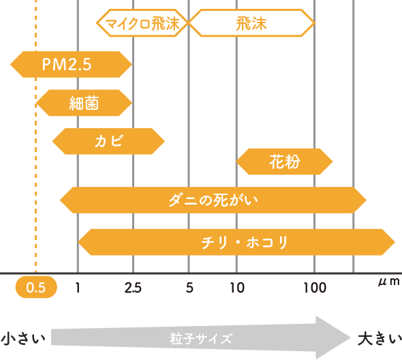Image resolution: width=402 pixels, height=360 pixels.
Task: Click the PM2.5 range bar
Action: tap(71, 64)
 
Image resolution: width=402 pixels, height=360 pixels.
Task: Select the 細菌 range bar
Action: tap(84, 103)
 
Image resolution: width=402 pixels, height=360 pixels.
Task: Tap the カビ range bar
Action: tap(108, 141)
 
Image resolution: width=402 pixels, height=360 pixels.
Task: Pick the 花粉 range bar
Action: tap(284, 162)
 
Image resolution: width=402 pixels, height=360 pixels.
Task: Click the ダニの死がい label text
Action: tap(213, 200)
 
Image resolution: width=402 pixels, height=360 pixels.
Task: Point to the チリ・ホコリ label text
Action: tap(245, 242)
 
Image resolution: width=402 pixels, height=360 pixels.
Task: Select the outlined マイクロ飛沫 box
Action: tap(142, 23)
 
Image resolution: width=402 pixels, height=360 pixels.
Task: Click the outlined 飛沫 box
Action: tap(252, 23)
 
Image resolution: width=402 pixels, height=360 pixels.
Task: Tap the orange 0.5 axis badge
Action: tap(36, 287)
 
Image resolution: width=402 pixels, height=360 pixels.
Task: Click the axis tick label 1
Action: tap(78, 287)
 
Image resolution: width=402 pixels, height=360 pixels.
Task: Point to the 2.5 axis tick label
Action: tap(133, 287)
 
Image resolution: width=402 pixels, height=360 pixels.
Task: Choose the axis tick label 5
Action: tap(189, 287)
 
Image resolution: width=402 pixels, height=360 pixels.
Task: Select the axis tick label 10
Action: tap(237, 287)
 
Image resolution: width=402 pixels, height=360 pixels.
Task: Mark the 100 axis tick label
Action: tap(315, 287)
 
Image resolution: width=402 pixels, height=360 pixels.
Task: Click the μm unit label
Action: tap(389, 282)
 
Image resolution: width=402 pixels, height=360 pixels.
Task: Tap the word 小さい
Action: tap(23, 338)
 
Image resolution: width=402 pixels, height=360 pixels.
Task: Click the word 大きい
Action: tap(380, 338)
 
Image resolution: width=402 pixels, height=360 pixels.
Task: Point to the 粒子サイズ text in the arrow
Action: tap(201, 338)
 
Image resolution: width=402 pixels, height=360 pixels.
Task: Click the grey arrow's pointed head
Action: tap(350, 337)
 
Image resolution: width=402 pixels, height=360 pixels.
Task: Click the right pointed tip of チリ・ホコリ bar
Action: tap(395, 242)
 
